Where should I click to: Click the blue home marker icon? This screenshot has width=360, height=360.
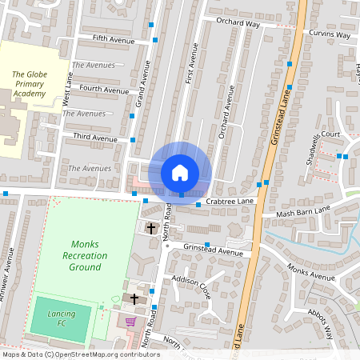(180, 172)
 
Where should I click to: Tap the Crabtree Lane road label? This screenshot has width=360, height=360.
(229, 202)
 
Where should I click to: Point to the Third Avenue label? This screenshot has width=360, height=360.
(95, 138)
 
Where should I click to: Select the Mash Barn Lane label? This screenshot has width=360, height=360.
(302, 212)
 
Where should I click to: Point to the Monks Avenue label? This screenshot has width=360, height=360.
(311, 276)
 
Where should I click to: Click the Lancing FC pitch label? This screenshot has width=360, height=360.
(61, 317)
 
